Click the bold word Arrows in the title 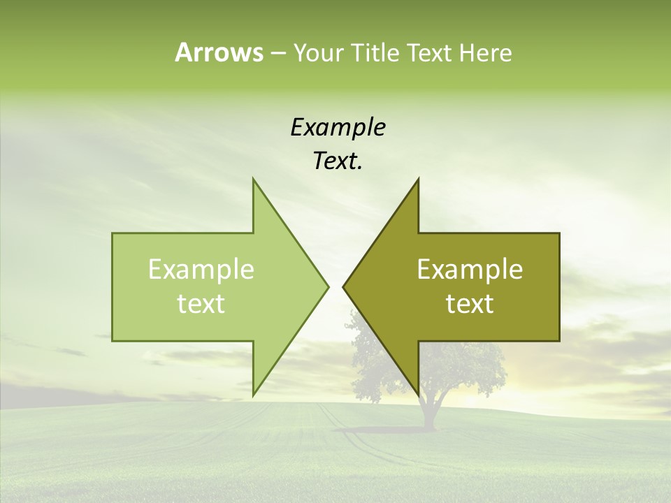(x=219, y=52)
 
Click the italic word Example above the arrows (x=338, y=128)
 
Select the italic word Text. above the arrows (x=338, y=161)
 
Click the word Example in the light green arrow (x=201, y=270)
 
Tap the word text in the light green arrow (x=201, y=303)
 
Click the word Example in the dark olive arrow (x=470, y=270)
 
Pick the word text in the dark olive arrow (x=470, y=303)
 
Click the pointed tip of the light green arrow (x=327, y=286)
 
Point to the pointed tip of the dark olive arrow (x=345, y=286)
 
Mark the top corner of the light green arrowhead (x=254, y=180)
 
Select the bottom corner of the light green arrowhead (x=254, y=394)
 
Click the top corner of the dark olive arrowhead (x=417, y=180)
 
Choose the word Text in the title (x=430, y=53)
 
